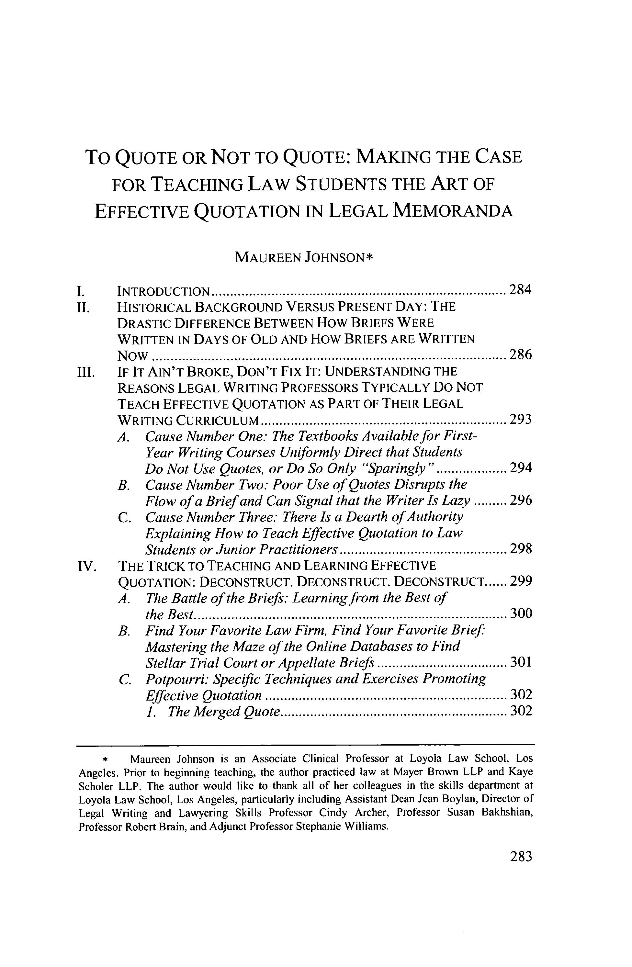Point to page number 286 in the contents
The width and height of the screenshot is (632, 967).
click(520, 355)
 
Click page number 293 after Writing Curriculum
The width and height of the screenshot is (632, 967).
click(520, 419)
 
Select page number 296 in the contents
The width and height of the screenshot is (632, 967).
click(520, 500)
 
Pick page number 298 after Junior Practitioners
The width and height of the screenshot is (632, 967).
click(520, 549)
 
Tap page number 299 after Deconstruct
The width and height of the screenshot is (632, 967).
click(520, 582)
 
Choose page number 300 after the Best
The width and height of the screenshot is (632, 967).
click(520, 613)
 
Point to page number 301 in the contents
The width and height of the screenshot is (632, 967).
click(520, 663)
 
